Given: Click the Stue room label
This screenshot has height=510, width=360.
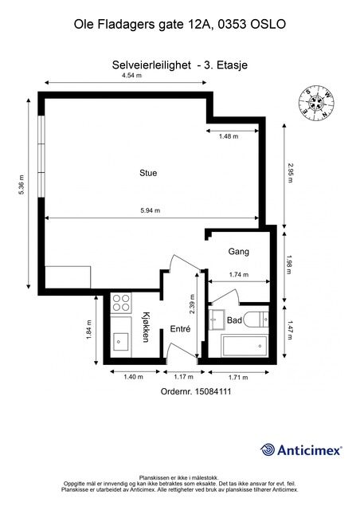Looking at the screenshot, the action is [148, 173].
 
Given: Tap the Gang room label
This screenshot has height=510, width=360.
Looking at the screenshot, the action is [239, 252].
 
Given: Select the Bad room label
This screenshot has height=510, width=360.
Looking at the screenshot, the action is [234, 320].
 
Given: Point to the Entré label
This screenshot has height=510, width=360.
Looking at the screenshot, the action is [181, 329].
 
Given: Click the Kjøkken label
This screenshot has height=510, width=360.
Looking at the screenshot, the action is [146, 327].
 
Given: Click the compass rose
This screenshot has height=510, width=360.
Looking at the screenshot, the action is [316, 103].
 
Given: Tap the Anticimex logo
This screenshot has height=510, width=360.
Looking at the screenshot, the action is [301, 450].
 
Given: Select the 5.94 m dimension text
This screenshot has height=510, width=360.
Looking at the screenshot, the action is [151, 210].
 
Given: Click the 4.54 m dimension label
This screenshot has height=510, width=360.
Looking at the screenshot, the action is [131, 76].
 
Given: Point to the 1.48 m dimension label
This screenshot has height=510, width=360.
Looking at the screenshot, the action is [229, 136].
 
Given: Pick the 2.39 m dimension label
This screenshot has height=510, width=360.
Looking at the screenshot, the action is [192, 304].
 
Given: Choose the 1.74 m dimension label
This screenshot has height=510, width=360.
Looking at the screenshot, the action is [239, 275].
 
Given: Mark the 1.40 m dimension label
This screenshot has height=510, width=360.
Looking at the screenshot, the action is [133, 377].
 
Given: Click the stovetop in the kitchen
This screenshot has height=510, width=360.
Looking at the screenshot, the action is [121, 303].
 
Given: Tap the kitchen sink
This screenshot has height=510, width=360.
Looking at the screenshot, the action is [120, 342].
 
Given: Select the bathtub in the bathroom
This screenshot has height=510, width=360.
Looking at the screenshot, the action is [245, 345].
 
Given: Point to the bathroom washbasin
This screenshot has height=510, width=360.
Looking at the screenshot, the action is [217, 320].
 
